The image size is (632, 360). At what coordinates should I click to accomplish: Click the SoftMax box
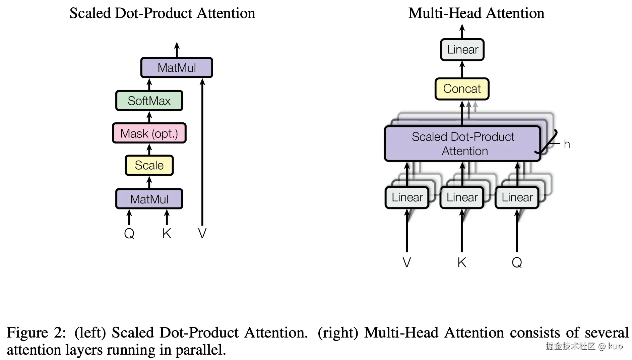tap(149, 101)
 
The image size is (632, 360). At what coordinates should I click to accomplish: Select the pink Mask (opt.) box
tap(149, 133)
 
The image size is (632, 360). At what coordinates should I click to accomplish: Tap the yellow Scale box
tap(149, 165)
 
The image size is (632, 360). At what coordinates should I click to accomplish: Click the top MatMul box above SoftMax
tap(177, 68)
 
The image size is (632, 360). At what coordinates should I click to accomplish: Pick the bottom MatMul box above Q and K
tap(149, 199)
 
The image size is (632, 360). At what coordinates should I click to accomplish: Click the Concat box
tap(462, 89)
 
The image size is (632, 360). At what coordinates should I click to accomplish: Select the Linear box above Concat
tap(462, 50)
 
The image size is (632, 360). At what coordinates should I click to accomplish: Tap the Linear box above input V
tap(407, 197)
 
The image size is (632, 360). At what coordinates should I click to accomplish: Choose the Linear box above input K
tap(462, 197)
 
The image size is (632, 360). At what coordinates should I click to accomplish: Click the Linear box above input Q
tap(517, 197)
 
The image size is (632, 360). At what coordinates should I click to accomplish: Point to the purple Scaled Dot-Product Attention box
tap(463, 144)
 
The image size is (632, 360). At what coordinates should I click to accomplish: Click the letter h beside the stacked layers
tap(567, 144)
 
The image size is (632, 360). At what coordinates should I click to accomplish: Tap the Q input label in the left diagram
tap(129, 233)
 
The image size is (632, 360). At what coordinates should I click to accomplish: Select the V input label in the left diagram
tap(202, 233)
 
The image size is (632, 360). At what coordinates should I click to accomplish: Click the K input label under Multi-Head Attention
tap(462, 262)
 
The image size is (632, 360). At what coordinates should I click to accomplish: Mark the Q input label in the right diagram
tap(517, 262)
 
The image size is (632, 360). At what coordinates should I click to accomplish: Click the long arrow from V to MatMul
tap(202, 152)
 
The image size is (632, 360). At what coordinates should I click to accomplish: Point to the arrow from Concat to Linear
tap(462, 69)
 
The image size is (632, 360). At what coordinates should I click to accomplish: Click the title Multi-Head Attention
tap(476, 13)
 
